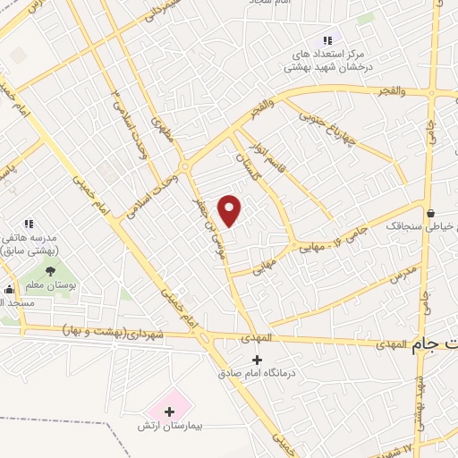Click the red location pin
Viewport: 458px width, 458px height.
tap(231, 208)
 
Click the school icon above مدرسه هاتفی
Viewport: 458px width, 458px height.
tap(29, 224)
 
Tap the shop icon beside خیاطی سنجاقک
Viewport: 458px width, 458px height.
tap(432, 214)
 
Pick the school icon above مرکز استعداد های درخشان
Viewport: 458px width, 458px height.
tap(327, 39)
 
